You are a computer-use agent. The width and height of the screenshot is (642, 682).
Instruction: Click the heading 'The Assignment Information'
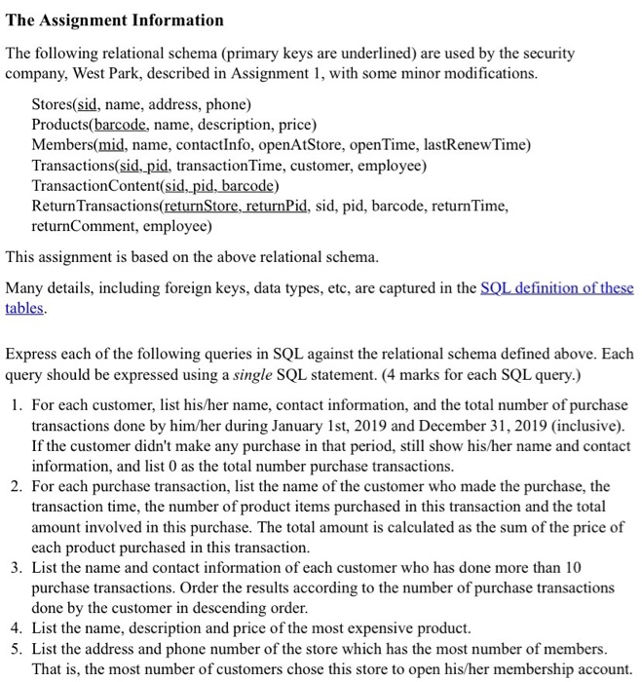click(x=115, y=19)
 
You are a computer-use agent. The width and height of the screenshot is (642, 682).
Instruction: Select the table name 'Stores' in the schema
click(x=55, y=104)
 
